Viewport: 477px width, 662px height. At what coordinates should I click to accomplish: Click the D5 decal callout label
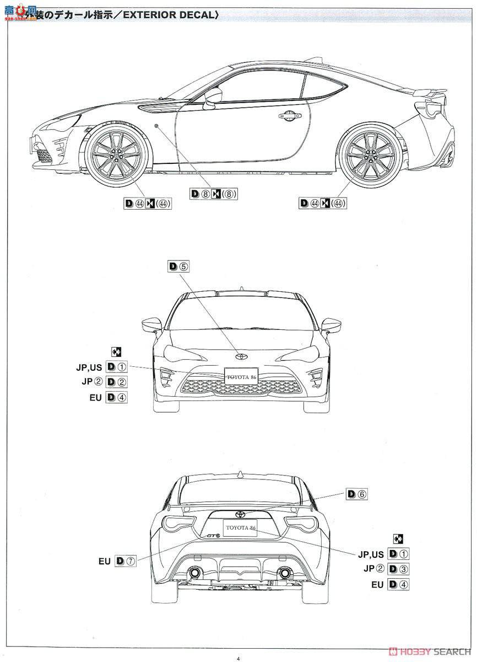pos(179,266)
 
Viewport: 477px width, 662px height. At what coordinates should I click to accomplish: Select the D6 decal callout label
pos(356,494)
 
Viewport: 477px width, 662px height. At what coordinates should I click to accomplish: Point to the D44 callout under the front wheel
pos(148,204)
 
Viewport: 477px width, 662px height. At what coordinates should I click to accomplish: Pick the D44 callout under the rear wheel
pos(323,204)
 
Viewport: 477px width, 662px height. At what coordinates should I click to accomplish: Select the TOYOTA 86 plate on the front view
pos(241,376)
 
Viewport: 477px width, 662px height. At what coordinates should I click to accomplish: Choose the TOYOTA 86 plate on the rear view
pos(239,526)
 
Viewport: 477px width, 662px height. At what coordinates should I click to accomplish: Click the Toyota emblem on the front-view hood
pos(241,355)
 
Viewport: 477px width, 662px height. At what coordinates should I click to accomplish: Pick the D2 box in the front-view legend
pos(117,382)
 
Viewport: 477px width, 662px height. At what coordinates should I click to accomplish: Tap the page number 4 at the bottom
pos(238,658)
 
